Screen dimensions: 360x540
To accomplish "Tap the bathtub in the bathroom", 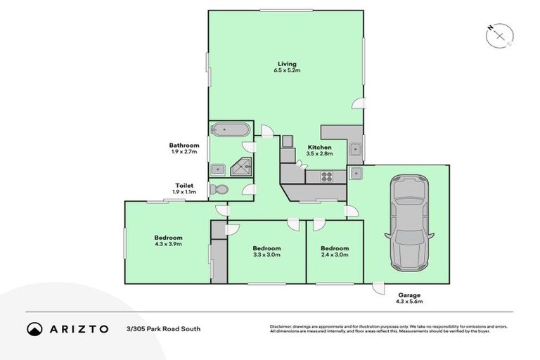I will coord(229,130).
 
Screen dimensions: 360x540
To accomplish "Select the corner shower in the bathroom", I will coord(242,166).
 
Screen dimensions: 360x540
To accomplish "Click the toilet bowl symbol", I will coord(220,190).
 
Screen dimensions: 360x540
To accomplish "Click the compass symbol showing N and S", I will coord(499,34).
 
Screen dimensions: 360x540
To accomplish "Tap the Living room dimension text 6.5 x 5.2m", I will coord(287,70).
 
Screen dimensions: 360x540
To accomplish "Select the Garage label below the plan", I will coord(409,295).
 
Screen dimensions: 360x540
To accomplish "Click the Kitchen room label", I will coord(319,147).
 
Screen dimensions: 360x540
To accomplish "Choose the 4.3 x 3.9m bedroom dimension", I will coord(168,244).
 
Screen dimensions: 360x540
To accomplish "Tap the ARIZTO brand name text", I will coord(78,328).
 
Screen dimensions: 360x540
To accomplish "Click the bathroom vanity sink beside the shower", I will coord(218,169).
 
